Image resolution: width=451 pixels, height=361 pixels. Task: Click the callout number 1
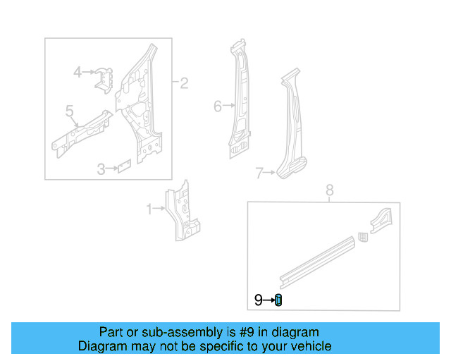pyautogui.click(x=149, y=209)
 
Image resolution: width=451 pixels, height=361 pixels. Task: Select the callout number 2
pyautogui.click(x=184, y=84)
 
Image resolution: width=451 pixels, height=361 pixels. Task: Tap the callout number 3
pyautogui.click(x=101, y=169)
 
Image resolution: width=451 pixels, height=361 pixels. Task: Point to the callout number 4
pyautogui.click(x=78, y=71)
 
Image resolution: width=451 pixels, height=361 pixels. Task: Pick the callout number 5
pyautogui.click(x=69, y=111)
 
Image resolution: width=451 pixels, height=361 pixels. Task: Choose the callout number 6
pyautogui.click(x=218, y=106)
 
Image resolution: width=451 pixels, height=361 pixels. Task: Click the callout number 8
pyautogui.click(x=328, y=190)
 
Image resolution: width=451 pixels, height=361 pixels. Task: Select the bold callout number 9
pyautogui.click(x=259, y=300)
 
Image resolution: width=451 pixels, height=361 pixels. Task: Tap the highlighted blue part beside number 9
pyautogui.click(x=278, y=300)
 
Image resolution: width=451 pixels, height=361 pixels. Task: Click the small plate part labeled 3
pyautogui.click(x=124, y=166)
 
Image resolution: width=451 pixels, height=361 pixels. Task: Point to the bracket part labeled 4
pyautogui.click(x=105, y=78)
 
